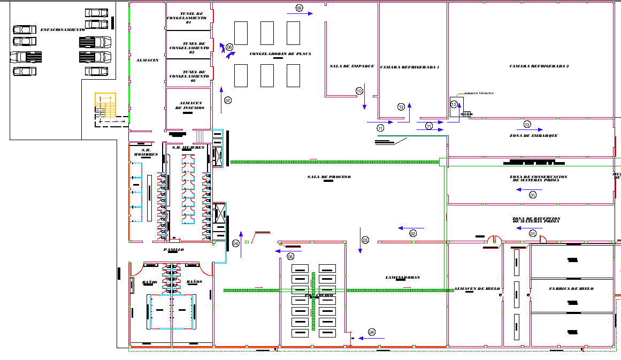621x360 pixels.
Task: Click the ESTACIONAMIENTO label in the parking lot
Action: [x=63, y=30]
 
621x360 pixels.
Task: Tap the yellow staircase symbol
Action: [x=105, y=105]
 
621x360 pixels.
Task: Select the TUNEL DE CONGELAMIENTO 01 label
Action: [x=188, y=18]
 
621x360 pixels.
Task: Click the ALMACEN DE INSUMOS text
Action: [x=189, y=105]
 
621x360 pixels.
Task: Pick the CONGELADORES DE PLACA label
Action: [x=280, y=54]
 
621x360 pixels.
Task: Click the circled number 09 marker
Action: [x=299, y=8]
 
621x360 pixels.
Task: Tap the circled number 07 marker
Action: [x=228, y=101]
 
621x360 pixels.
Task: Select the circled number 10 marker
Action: [x=359, y=91]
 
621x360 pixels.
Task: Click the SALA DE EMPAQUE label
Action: [x=351, y=66]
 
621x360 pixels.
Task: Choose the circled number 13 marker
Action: [x=527, y=125]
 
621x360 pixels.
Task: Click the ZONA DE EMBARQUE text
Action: [x=533, y=136]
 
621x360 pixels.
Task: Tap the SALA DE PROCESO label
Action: [x=328, y=177]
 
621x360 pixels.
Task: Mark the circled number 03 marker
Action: [x=365, y=240]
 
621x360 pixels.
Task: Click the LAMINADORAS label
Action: [x=402, y=278]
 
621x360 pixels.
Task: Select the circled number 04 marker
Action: [x=372, y=332]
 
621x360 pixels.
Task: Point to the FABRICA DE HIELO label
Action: [x=571, y=289]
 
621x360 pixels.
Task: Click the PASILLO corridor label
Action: [x=173, y=250]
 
